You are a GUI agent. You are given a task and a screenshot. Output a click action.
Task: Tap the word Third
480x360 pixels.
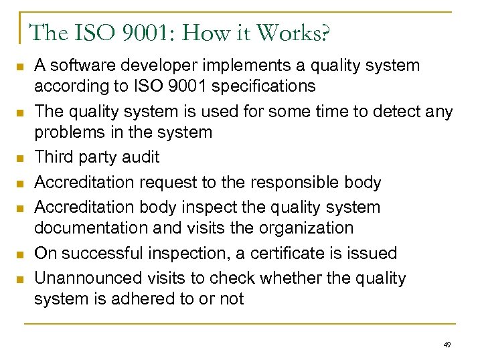54,157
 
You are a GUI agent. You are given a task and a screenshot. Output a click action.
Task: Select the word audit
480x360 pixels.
139,157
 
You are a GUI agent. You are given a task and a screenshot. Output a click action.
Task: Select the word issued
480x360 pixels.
373,253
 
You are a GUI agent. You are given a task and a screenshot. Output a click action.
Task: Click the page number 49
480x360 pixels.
447,345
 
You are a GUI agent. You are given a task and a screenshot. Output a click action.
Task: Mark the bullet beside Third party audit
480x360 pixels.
20,159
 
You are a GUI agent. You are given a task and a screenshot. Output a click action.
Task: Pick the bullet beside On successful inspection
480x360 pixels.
20,254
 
